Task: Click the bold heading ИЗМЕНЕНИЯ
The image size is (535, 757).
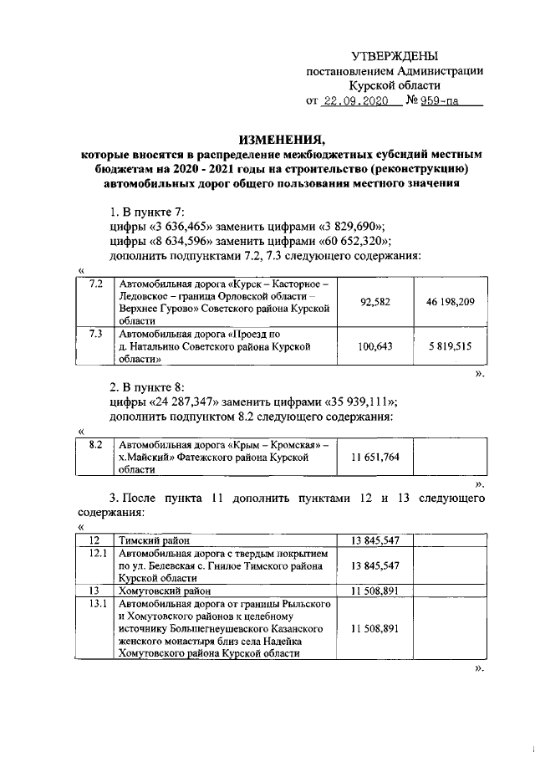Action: pos(282,140)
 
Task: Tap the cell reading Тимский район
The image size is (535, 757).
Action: pos(155,540)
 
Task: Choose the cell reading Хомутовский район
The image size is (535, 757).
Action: pos(166,590)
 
